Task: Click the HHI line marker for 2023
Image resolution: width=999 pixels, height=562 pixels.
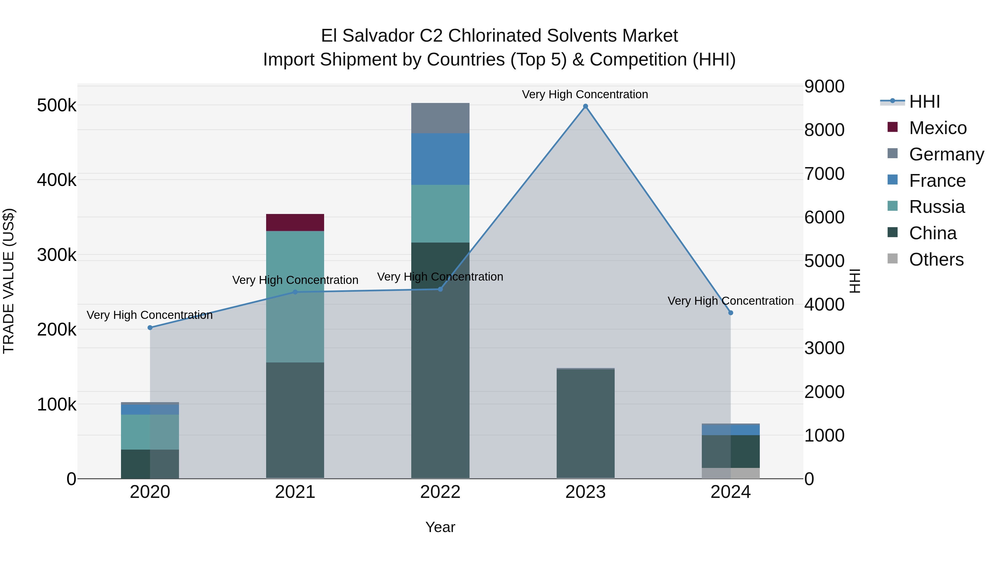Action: (x=586, y=106)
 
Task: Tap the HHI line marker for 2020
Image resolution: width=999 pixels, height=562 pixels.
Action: (x=150, y=328)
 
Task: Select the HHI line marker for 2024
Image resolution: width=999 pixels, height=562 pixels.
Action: (x=731, y=312)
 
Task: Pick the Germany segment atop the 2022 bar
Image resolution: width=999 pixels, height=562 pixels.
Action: (x=440, y=118)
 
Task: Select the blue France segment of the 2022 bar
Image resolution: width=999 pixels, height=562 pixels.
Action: (x=440, y=159)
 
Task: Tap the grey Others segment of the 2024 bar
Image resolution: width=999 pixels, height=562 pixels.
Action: (x=731, y=473)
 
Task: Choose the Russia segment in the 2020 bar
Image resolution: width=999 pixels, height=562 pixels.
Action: (x=150, y=432)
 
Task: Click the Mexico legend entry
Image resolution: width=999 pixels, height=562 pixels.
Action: (x=938, y=128)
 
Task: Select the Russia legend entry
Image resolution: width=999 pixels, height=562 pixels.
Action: (x=937, y=207)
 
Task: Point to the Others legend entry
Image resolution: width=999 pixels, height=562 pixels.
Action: (x=936, y=259)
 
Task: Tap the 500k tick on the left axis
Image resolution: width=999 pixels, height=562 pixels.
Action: (x=57, y=105)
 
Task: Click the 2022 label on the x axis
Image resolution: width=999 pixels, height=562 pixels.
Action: (x=440, y=492)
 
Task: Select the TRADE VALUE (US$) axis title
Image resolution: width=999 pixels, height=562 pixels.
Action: (x=9, y=281)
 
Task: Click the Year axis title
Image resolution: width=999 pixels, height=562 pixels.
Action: (x=440, y=527)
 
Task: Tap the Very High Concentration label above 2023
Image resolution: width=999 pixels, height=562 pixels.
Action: (x=585, y=94)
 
